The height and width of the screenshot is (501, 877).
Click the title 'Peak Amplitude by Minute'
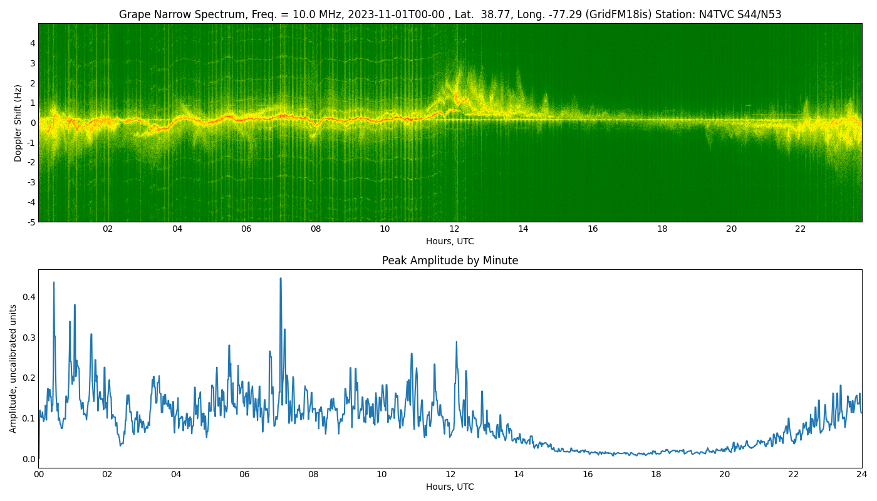click(x=450, y=261)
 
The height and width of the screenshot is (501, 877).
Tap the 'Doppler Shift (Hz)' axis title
click(x=18, y=123)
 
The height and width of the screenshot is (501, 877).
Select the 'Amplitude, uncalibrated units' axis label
click(x=13, y=368)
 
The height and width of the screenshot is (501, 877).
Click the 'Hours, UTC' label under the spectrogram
click(x=450, y=241)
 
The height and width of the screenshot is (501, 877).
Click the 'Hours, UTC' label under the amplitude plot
click(x=450, y=487)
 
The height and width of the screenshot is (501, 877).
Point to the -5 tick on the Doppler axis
click(x=30, y=222)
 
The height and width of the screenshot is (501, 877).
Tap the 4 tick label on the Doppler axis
click(x=32, y=43)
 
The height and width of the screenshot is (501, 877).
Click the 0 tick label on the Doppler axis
click(x=32, y=123)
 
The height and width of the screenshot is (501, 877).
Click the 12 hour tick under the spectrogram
click(x=454, y=229)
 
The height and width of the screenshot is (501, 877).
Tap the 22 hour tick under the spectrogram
click(x=801, y=229)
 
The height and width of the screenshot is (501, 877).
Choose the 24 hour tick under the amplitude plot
click(x=861, y=475)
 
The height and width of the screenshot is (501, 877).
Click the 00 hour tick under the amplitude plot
click(x=39, y=475)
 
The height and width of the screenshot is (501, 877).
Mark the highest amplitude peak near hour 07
click(x=280, y=279)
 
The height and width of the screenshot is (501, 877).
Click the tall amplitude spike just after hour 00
click(x=54, y=282)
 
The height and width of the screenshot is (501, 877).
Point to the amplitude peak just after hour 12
click(x=456, y=342)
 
